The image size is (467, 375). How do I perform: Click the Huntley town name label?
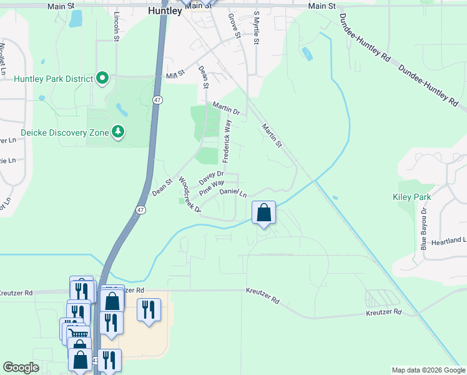165,11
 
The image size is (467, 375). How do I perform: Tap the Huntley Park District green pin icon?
103,78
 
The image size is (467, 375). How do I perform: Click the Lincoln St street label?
117,26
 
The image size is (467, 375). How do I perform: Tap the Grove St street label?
234,26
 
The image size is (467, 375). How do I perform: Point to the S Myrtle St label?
255,29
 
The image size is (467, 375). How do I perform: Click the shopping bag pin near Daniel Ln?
263,212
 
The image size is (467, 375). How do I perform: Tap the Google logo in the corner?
21,367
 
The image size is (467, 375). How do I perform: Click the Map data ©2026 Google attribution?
428,370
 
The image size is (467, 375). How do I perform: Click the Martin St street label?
272,136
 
